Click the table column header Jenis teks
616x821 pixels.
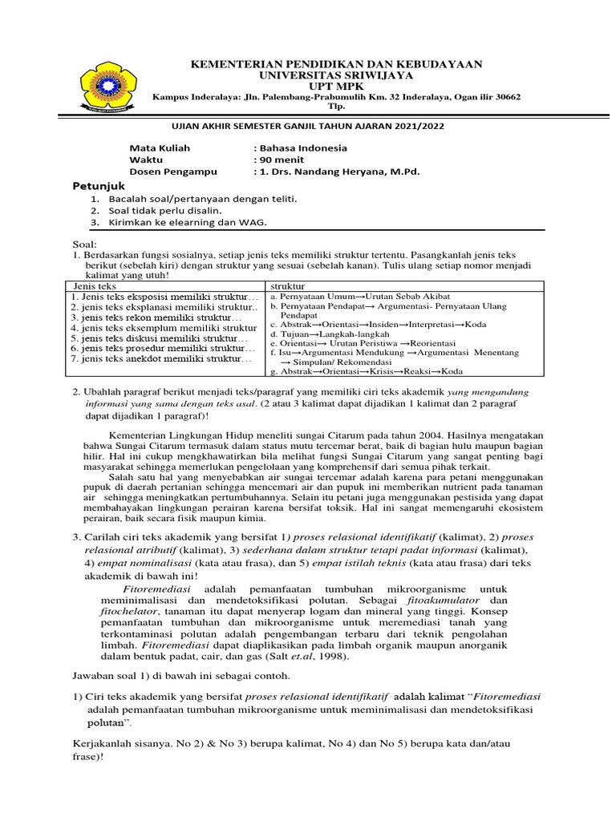[x=95, y=286]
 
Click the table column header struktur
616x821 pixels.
[x=287, y=286]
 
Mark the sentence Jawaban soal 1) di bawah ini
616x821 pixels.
[x=171, y=675]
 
